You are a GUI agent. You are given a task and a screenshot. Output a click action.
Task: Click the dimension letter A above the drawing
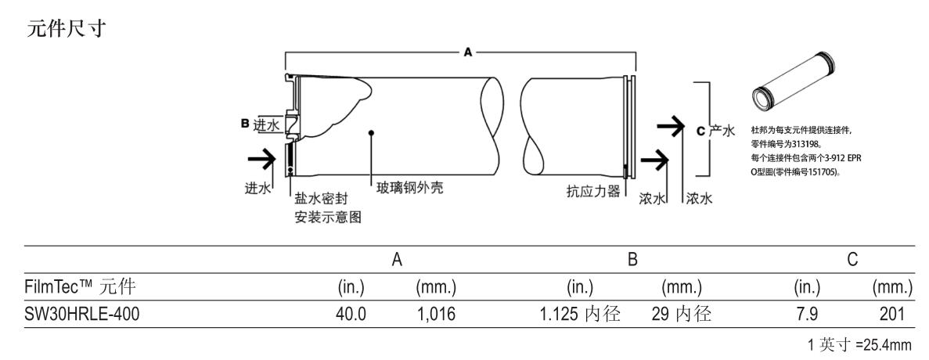468,52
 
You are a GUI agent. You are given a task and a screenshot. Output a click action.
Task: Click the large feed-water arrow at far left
261,160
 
